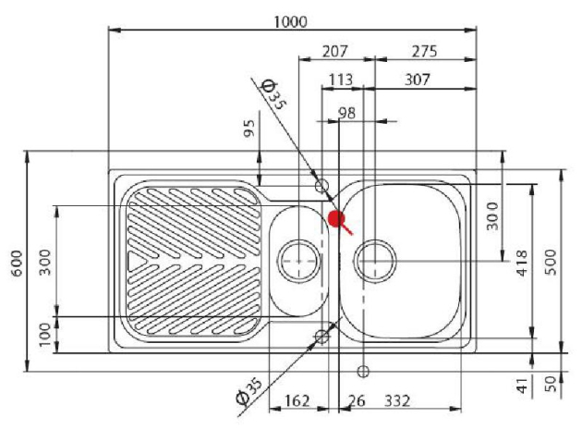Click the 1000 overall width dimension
[292, 21]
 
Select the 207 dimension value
[337, 51]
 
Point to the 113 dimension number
[342, 80]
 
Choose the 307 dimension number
[418, 80]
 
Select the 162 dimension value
[297, 400]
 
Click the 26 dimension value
[356, 400]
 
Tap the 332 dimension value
[395, 400]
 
